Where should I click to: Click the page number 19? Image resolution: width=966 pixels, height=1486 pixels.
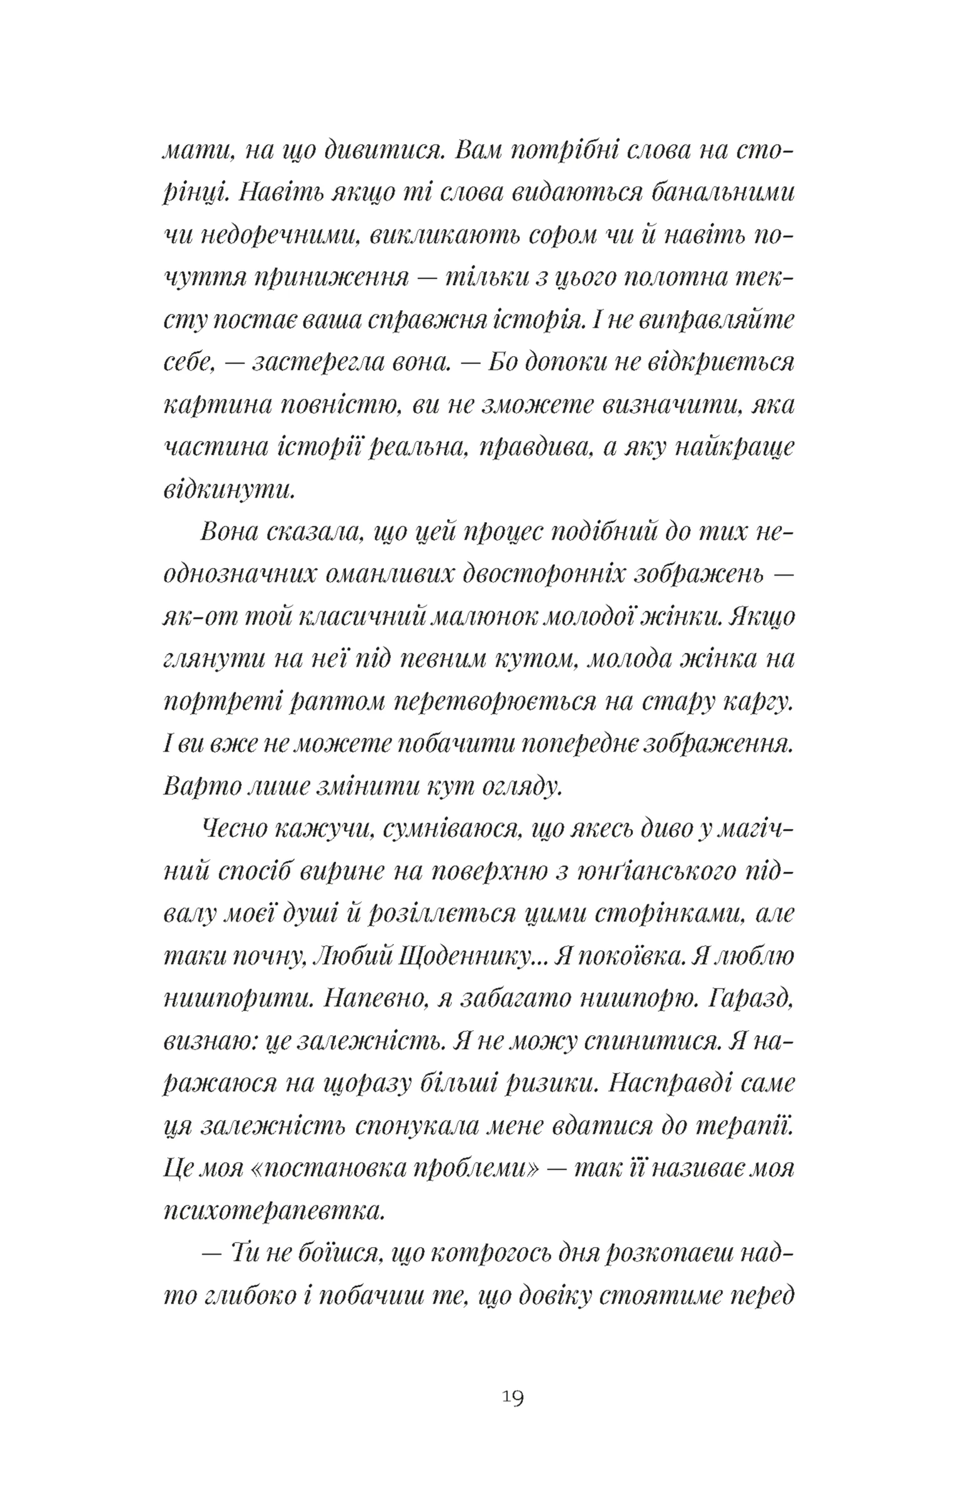coord(513,1397)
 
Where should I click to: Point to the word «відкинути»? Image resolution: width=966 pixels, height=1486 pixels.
coord(229,489)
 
